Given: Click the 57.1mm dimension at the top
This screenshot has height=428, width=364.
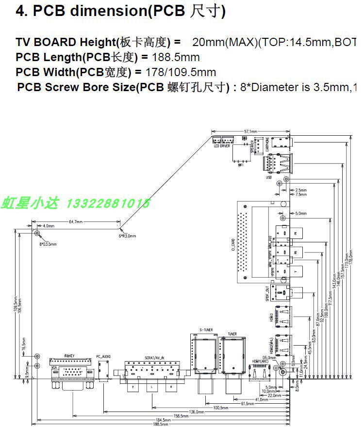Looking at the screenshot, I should coord(250,131).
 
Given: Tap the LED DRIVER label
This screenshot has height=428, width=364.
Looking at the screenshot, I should coord(222,146).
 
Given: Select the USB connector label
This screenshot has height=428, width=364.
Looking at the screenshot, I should coord(268,177).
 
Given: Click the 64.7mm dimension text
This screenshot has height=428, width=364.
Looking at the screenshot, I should coord(76,222).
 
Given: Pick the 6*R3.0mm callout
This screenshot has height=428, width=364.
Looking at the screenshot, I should coord(128,236).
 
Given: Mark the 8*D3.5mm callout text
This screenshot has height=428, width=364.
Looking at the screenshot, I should coord(48,244).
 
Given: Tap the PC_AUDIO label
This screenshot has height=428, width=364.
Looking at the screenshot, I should coord(103,356).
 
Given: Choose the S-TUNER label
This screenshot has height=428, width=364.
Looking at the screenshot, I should coord(206,330).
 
